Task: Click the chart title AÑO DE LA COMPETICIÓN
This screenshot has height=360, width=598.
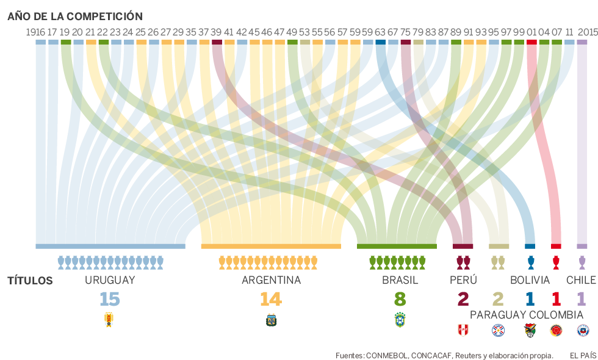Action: pyautogui.click(x=75, y=16)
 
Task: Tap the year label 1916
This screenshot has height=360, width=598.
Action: pyautogui.click(x=35, y=32)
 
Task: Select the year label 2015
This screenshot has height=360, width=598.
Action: pyautogui.click(x=587, y=32)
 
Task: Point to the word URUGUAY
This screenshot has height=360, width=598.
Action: pyautogui.click(x=110, y=281)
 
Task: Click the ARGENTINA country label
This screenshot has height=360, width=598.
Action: pyautogui.click(x=271, y=281)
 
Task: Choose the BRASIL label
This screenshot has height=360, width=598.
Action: pyautogui.click(x=400, y=281)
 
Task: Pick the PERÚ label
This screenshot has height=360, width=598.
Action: pyautogui.click(x=463, y=281)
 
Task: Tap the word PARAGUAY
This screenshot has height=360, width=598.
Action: pyautogui.click(x=498, y=315)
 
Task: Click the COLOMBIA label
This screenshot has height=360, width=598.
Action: pyautogui.click(x=556, y=315)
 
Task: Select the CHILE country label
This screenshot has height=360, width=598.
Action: pyautogui.click(x=581, y=281)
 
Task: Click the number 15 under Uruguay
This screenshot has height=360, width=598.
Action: pyautogui.click(x=110, y=299)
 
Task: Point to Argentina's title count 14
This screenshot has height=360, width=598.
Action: pyautogui.click(x=271, y=299)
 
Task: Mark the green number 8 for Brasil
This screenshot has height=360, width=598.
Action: pyautogui.click(x=400, y=299)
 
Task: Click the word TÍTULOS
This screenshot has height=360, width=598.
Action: pyautogui.click(x=30, y=281)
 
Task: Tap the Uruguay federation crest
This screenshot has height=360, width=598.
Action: pyautogui.click(x=110, y=319)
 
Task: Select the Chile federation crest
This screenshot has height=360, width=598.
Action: pyautogui.click(x=583, y=330)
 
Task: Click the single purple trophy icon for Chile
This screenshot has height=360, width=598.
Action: pyautogui.click(x=582, y=262)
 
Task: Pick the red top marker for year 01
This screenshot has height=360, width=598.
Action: pyautogui.click(x=531, y=42)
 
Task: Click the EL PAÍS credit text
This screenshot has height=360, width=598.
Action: pyautogui.click(x=583, y=355)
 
